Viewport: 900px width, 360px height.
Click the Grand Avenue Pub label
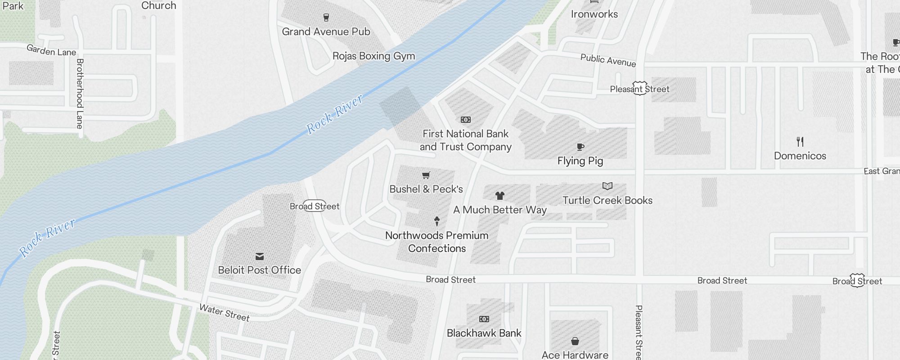tap(326, 31)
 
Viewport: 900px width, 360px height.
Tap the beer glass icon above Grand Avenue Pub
tap(326, 18)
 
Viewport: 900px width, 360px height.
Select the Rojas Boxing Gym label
tap(373, 56)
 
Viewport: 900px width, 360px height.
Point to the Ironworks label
tap(594, 14)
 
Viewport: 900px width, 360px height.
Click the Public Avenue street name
tap(608, 60)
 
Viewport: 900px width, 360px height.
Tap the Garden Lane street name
tap(51, 50)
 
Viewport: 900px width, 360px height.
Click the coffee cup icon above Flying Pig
tap(580, 147)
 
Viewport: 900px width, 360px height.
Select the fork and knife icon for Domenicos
tap(800, 142)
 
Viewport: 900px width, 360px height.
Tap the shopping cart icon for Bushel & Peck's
tap(426, 175)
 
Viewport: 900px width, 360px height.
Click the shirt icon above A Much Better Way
tap(499, 196)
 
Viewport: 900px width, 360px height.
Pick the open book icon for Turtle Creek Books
tap(607, 186)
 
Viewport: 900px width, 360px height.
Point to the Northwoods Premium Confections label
tap(436, 242)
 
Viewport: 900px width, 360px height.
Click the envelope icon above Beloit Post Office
tap(260, 256)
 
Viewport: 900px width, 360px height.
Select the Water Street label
tap(224, 312)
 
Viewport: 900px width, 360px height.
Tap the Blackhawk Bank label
tap(484, 333)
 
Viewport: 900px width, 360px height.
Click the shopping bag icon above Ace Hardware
tap(575, 341)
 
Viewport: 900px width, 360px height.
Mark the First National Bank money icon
tap(465, 120)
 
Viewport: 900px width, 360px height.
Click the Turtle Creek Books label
tap(607, 200)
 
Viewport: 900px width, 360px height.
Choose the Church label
tap(158, 5)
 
